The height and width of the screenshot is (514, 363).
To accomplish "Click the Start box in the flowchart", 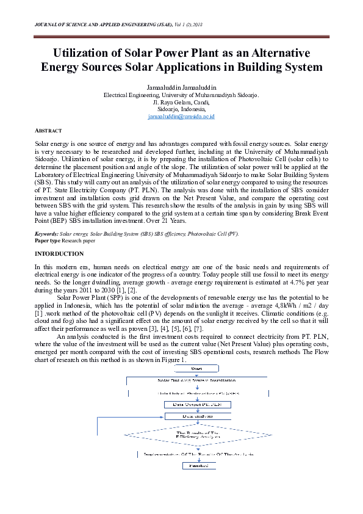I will click(x=197, y=369).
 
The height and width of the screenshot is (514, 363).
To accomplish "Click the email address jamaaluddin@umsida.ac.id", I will click(x=181, y=116).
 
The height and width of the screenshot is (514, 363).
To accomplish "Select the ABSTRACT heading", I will click(x=47, y=131).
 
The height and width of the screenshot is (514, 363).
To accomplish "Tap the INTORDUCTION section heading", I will click(x=59, y=253).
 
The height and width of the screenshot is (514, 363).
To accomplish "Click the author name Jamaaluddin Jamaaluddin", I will click(x=181, y=88).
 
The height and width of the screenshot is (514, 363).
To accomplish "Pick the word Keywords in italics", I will click(x=46, y=233).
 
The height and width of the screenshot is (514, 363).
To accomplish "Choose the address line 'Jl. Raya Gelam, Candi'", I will click(x=181, y=102).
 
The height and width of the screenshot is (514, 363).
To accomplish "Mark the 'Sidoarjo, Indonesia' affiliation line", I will click(x=181, y=109).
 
